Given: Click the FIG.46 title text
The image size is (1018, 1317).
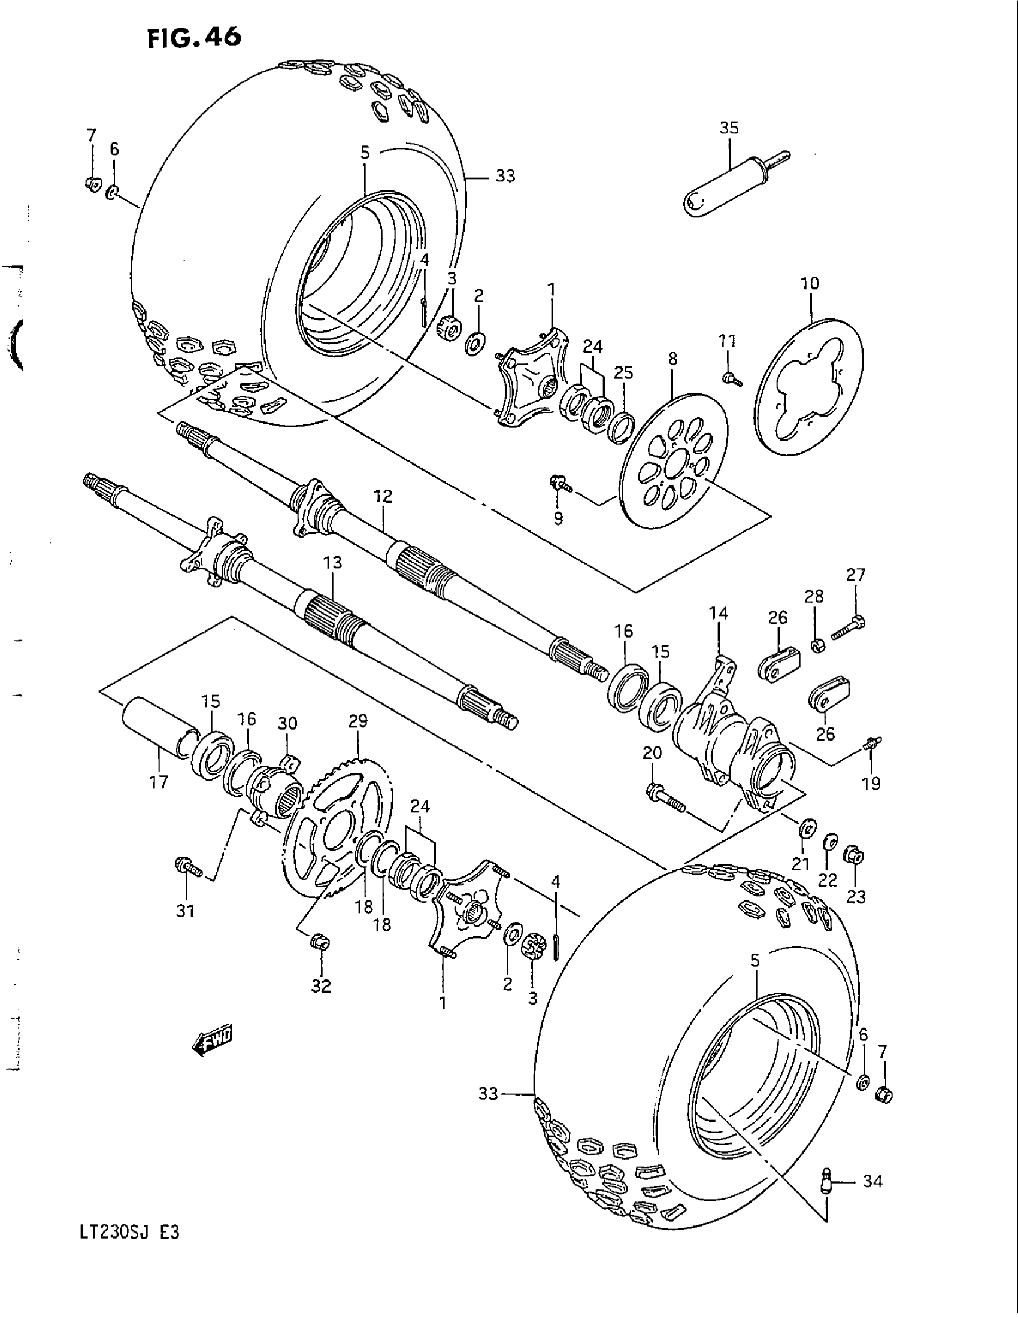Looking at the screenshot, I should pyautogui.click(x=194, y=37).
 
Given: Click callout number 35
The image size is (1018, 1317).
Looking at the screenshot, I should pyautogui.click(x=729, y=129).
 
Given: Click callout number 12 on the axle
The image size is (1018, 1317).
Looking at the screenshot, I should pyautogui.click(x=383, y=496).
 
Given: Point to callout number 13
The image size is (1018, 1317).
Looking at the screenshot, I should pyautogui.click(x=332, y=563).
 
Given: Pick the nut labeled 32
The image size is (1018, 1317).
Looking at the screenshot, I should pyautogui.click(x=319, y=941).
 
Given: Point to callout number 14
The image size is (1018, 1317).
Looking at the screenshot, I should pyautogui.click(x=718, y=613).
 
